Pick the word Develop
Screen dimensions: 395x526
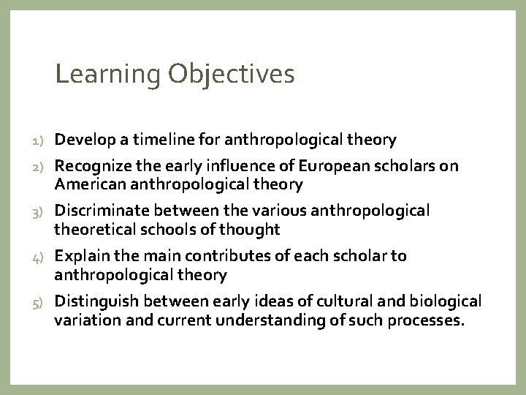[83, 139]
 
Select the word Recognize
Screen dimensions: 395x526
[91, 166]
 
